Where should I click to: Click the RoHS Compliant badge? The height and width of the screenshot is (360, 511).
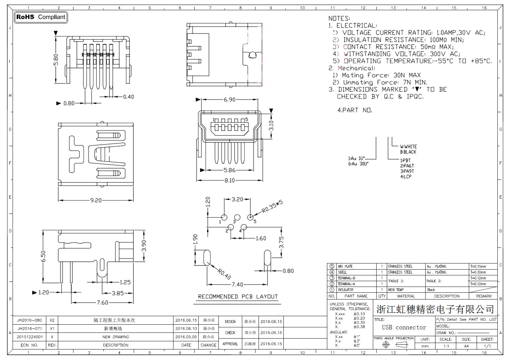[41, 17]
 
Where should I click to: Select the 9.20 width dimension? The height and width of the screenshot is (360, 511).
[96, 200]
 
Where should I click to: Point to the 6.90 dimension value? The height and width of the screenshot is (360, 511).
[230, 100]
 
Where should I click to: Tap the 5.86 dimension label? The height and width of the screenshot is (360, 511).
[230, 170]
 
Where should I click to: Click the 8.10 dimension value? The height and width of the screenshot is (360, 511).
[230, 181]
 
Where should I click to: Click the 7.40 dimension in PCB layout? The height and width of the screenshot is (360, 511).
[237, 285]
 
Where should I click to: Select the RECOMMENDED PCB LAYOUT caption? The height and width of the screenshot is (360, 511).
[238, 297]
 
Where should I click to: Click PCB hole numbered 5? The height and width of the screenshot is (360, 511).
[250, 217]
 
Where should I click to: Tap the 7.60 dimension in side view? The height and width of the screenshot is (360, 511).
[102, 303]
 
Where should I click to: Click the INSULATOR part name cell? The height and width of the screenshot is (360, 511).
[345, 290]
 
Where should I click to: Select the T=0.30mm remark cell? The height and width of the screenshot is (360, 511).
[478, 272]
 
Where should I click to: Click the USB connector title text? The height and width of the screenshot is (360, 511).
[404, 327]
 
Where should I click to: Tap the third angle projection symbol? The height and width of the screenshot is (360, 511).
[394, 345]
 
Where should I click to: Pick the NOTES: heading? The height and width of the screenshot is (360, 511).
[339, 18]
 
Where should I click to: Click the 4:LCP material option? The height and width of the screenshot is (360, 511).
[406, 177]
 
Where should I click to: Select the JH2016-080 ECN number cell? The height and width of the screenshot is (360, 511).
[30, 320]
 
